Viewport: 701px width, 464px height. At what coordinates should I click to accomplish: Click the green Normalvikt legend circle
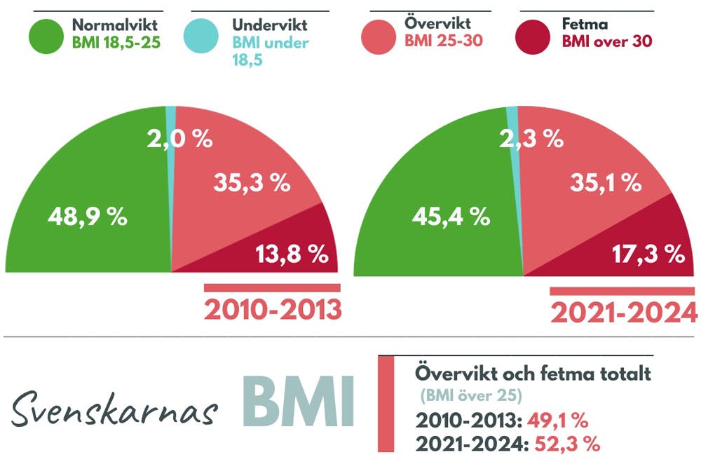tap(48, 35)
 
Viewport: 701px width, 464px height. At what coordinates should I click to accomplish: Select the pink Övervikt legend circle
tap(379, 35)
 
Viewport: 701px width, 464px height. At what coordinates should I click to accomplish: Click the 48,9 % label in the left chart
tap(88, 217)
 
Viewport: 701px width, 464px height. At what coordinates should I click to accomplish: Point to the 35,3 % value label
tap(251, 184)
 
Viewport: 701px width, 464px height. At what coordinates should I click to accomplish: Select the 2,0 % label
tap(179, 139)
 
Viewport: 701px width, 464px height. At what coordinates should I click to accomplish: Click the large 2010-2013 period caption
tap(273, 309)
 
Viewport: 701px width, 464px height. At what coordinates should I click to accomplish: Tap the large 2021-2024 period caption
tap(624, 313)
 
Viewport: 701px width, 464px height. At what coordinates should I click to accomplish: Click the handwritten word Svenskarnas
tap(113, 411)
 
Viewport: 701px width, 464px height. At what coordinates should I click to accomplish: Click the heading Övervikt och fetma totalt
tap(533, 374)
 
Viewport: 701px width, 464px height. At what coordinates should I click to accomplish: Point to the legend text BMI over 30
tap(606, 41)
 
